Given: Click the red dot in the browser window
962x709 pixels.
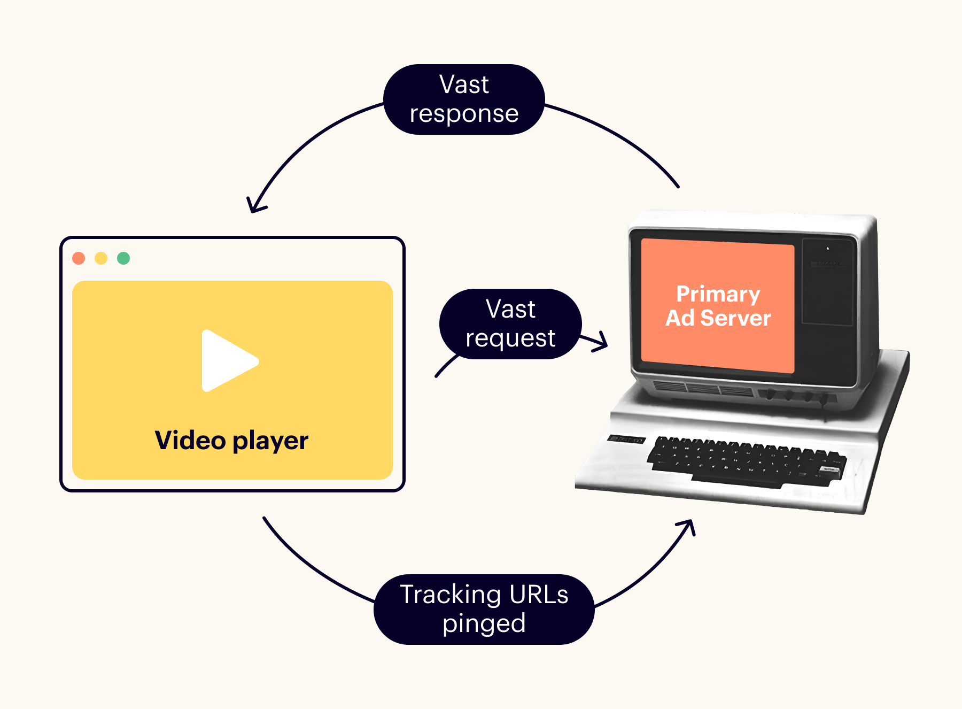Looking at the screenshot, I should [79, 258].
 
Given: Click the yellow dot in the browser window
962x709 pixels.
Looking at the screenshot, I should [101, 258].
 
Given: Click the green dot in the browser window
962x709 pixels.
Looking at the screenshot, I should [123, 258].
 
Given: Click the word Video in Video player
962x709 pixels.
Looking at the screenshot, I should [190, 441].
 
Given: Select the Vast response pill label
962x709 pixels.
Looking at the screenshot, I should [464, 99].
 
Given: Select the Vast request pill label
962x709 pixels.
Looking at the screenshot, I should [510, 324].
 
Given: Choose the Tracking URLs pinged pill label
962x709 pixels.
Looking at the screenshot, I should [484, 610].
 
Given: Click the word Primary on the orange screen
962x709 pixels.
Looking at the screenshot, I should [718, 294].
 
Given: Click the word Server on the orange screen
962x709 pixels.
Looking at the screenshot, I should [735, 318].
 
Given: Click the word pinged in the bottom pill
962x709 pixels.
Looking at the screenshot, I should [484, 624].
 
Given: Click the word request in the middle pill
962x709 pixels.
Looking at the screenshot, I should [510, 338].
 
